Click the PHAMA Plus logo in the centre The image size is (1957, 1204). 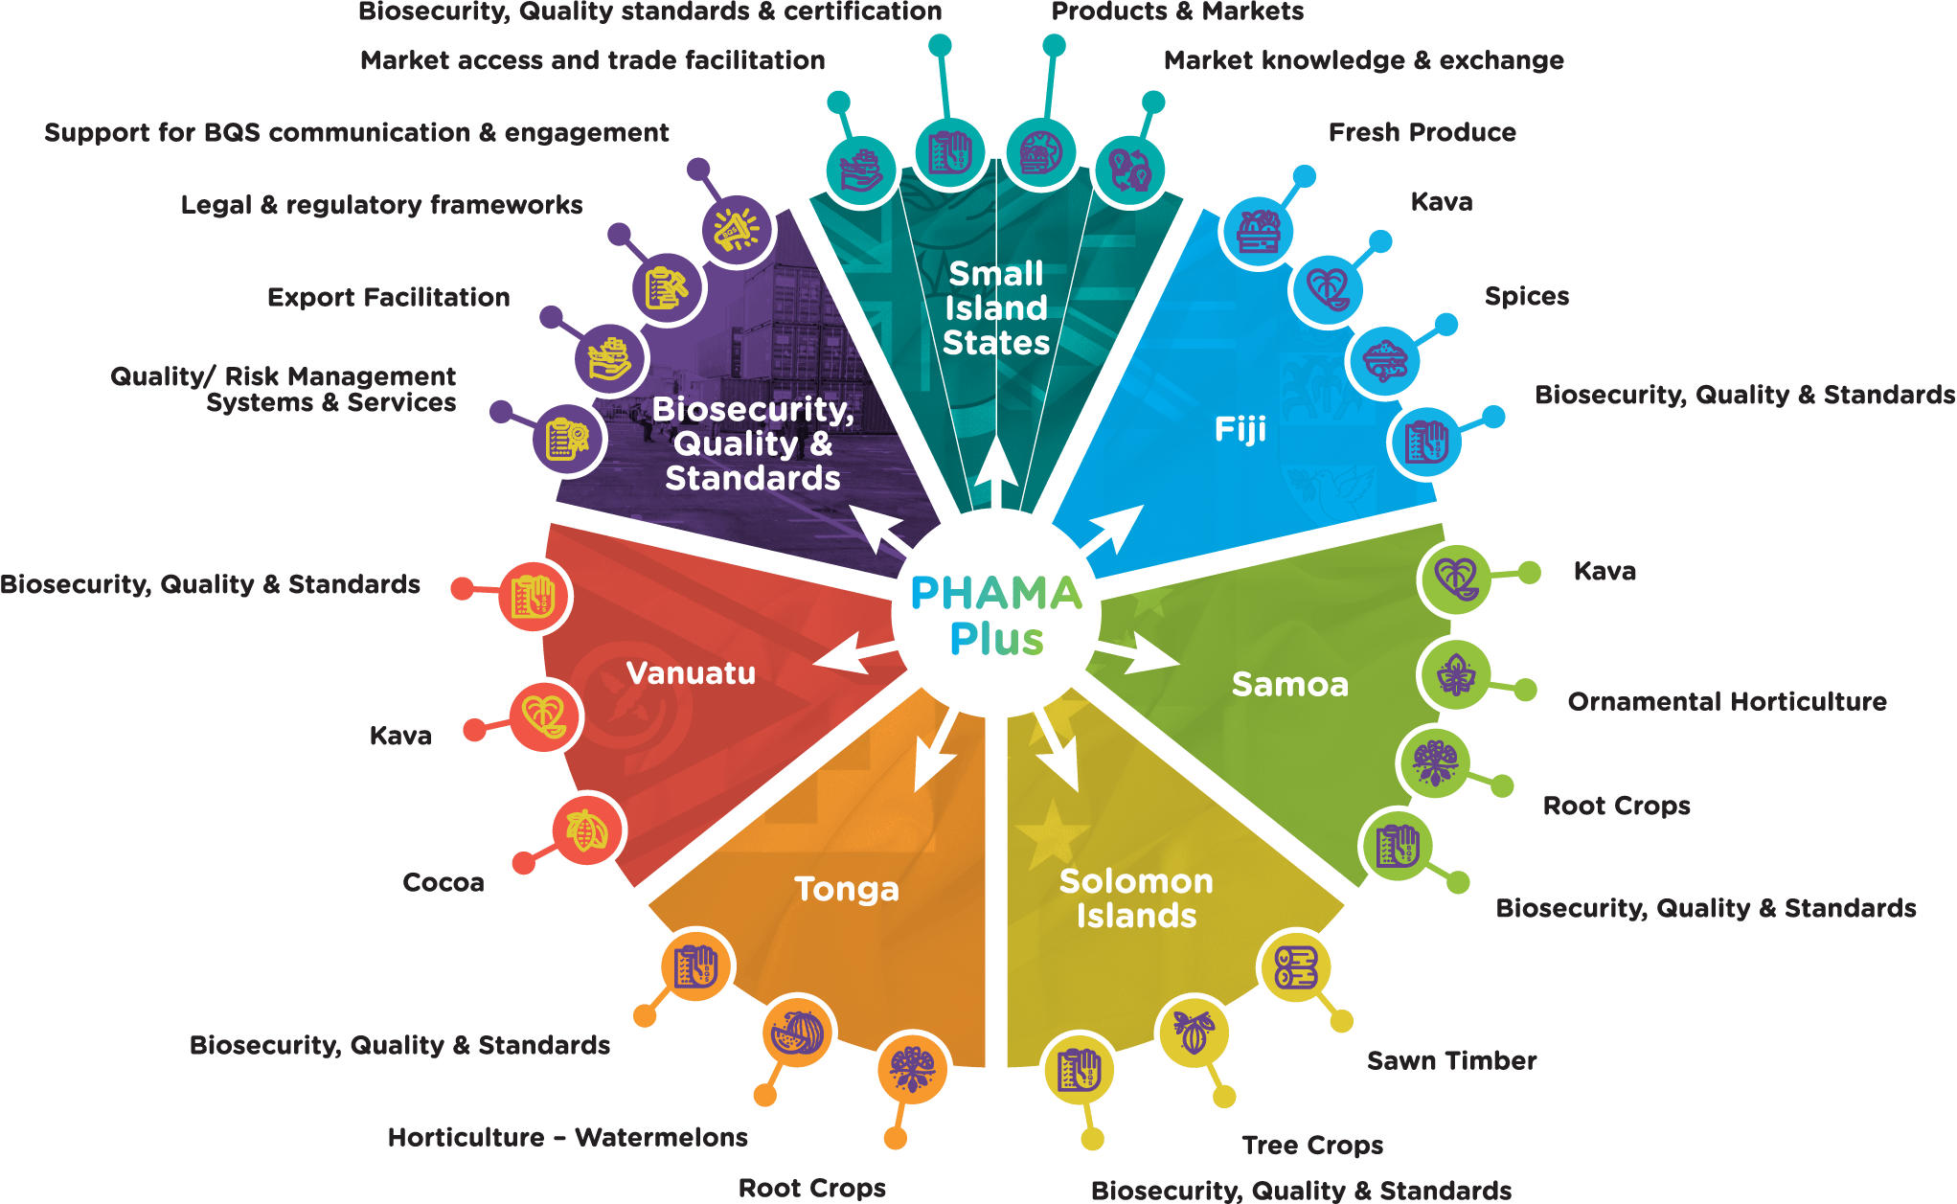pyautogui.click(x=996, y=616)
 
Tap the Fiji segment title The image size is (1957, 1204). pyautogui.click(x=1240, y=429)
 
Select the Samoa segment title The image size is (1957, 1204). pyautogui.click(x=1289, y=685)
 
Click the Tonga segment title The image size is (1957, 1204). pyautogui.click(x=847, y=889)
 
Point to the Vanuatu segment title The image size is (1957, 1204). pyautogui.click(x=691, y=673)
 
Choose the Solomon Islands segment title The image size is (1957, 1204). pyautogui.click(x=1136, y=898)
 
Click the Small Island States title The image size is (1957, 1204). pyautogui.click(x=996, y=308)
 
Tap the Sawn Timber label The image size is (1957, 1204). pyautogui.click(x=1451, y=1061)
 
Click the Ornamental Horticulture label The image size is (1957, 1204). pyautogui.click(x=1726, y=702)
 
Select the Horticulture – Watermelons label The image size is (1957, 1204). pyautogui.click(x=567, y=1138)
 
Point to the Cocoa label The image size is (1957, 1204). pyautogui.click(x=443, y=882)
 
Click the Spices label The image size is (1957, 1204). pyautogui.click(x=1526, y=296)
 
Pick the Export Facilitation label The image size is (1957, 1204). pyautogui.click(x=388, y=298)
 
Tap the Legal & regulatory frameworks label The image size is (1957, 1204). pyautogui.click(x=381, y=205)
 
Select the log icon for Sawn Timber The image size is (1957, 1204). pyautogui.click(x=1295, y=966)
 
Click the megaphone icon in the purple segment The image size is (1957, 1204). pyautogui.click(x=736, y=230)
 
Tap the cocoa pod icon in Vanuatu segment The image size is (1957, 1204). pyautogui.click(x=586, y=830)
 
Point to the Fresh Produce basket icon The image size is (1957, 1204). pyautogui.click(x=1258, y=232)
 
